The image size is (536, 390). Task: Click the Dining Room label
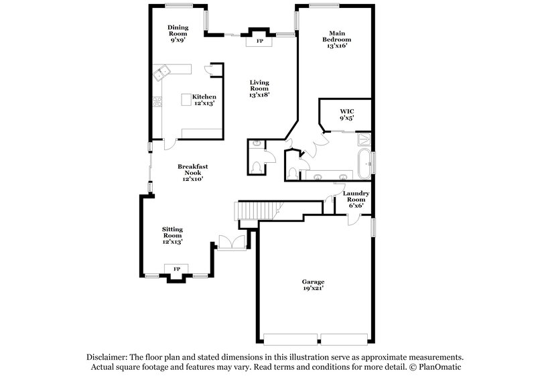(178, 31)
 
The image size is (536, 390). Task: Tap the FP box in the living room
(259, 42)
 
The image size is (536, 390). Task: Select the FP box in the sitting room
(177, 269)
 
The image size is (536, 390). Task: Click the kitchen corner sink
(160, 73)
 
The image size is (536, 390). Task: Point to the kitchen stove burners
(157, 103)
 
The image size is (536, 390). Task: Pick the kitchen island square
(186, 100)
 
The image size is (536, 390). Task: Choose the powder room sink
(257, 143)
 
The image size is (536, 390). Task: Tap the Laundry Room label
(355, 199)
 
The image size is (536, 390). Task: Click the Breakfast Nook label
(190, 172)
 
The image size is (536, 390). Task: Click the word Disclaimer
(107, 358)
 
